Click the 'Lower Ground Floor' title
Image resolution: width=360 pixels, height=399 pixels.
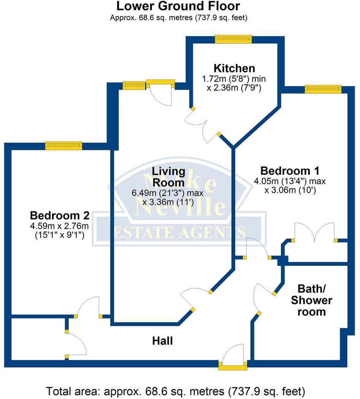click(x=178, y=6)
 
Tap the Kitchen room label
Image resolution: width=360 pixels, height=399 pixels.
click(x=234, y=68)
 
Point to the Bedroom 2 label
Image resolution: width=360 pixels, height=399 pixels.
click(x=60, y=216)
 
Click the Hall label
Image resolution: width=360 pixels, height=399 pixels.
click(x=162, y=341)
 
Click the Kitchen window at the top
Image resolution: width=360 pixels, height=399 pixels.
click(x=233, y=39)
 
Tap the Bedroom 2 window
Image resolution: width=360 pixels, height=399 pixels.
click(x=64, y=145)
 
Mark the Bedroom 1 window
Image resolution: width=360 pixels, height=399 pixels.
click(x=323, y=89)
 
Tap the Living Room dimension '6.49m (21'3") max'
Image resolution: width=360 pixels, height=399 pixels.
click(x=167, y=193)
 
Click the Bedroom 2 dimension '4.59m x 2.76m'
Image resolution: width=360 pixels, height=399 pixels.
click(x=60, y=226)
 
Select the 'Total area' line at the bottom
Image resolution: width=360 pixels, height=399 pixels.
click(x=175, y=391)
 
